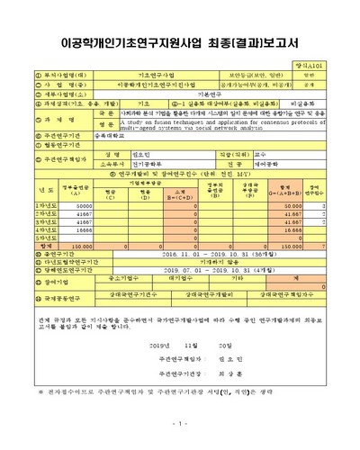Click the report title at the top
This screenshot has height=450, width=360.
click(180, 43)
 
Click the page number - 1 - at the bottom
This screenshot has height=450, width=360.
click(180, 424)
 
